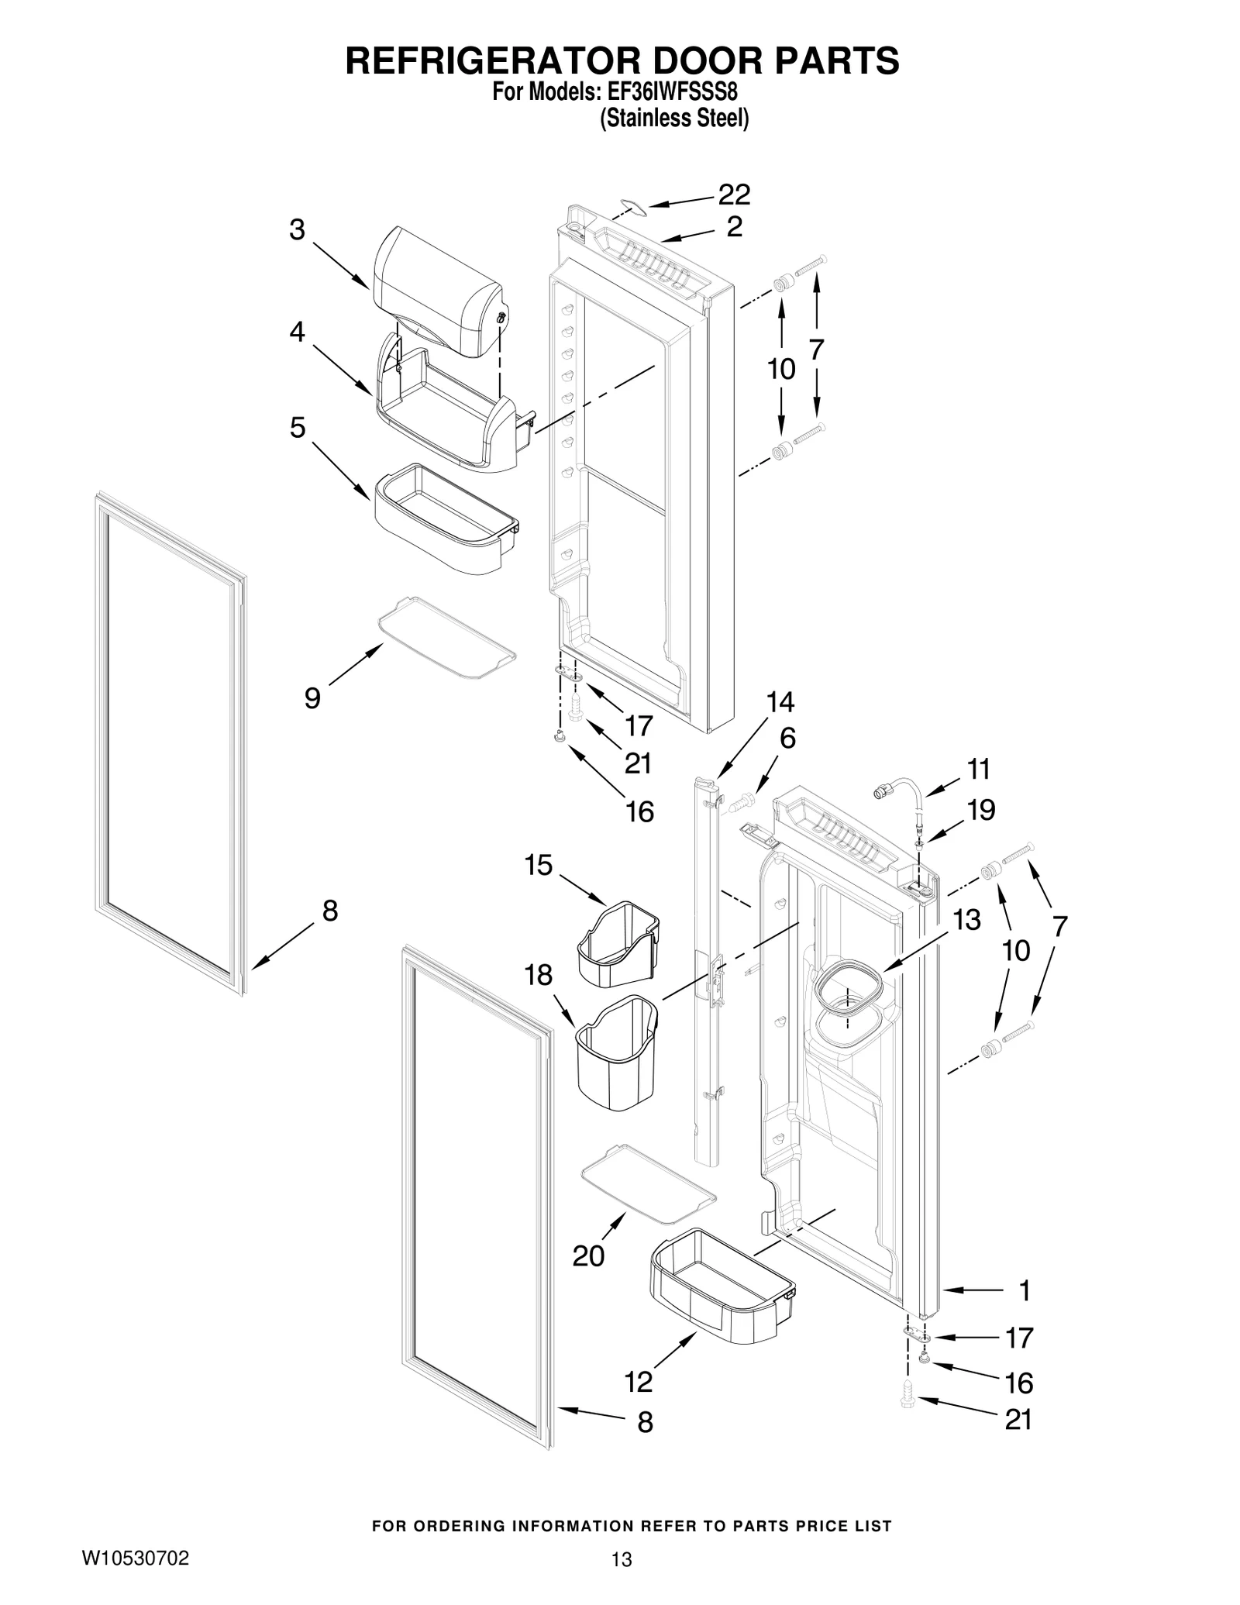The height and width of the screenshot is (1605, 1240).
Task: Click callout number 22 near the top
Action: (733, 195)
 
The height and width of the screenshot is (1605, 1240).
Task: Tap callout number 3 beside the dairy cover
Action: (297, 230)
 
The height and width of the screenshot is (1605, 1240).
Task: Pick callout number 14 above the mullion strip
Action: (780, 702)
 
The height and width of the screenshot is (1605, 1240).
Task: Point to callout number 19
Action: (980, 810)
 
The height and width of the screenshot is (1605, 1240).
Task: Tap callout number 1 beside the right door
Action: (1025, 1290)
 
